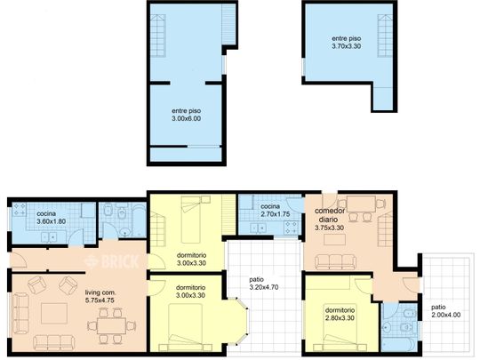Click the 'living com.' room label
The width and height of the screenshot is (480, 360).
coord(100,292)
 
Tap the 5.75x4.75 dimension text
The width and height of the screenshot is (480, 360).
coord(100,300)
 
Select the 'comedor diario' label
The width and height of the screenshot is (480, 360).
coord(330,215)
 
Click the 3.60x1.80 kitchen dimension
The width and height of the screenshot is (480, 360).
coord(52,221)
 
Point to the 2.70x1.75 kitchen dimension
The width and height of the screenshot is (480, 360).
coord(276,214)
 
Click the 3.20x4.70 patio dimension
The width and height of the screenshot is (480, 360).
coord(264,287)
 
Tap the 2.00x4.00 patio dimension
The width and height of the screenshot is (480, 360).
coord(445,315)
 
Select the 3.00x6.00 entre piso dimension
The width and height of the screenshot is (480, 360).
coord(187,119)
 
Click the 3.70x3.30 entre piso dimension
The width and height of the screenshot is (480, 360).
coord(347,46)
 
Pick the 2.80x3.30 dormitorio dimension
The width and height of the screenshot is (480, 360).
coord(340,318)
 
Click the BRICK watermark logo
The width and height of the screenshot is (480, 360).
coord(112,261)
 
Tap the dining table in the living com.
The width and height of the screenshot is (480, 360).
coord(111,325)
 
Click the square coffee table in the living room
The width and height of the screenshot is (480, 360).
coord(54,313)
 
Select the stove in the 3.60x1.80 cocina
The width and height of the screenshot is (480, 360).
coord(19,209)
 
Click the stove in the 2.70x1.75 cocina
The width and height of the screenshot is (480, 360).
coord(292,228)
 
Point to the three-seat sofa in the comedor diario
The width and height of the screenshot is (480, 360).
coord(335,262)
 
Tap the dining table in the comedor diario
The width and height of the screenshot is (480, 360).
coord(361,204)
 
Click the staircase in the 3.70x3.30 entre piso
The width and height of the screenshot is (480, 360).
coord(385,36)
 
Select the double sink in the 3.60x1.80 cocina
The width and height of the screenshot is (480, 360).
coord(49,237)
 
